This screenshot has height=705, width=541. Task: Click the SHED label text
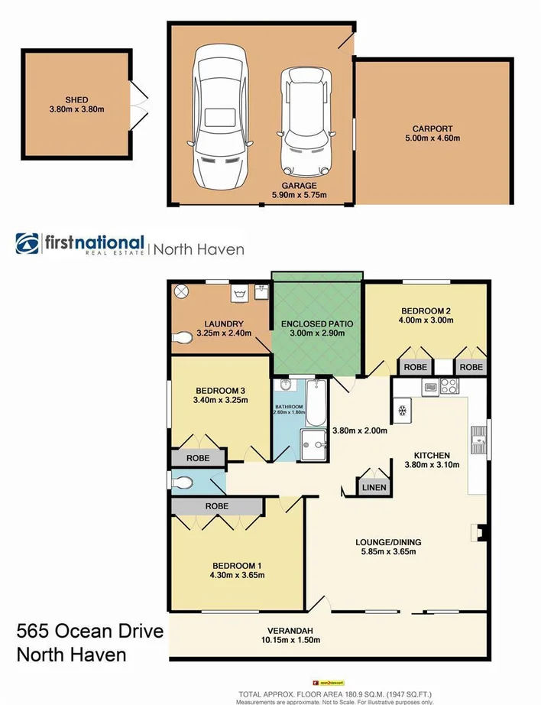click(76, 100)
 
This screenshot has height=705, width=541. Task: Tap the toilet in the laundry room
click(183, 337)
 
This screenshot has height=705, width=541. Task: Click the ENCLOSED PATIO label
click(316, 323)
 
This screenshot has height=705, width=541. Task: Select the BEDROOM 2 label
click(426, 310)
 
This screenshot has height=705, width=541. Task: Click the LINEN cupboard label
click(374, 487)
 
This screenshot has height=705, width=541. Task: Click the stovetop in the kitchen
click(447, 387)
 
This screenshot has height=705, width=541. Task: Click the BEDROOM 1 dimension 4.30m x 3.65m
click(238, 575)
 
